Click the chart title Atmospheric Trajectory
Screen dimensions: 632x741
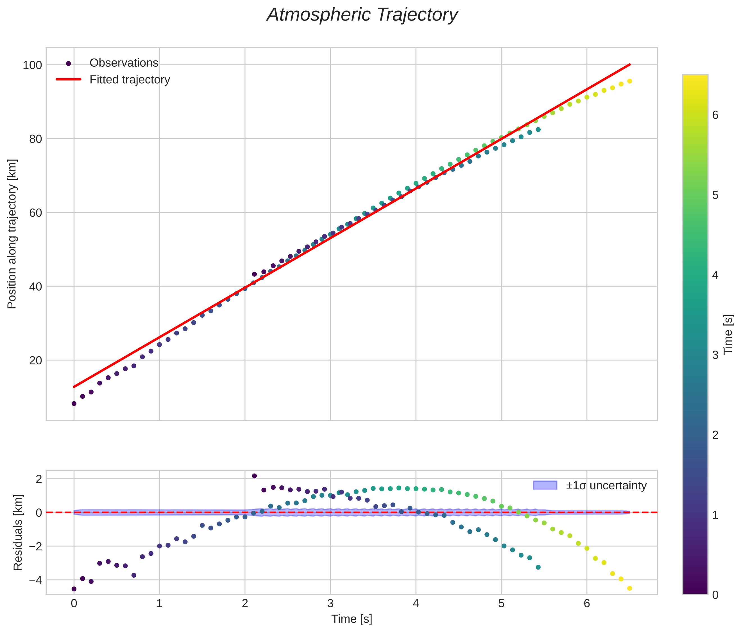coord(362,15)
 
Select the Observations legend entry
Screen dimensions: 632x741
coord(124,63)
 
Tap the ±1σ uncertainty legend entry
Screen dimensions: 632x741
coord(606,486)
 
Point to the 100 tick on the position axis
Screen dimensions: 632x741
coord(32,65)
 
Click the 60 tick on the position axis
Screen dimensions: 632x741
coord(35,213)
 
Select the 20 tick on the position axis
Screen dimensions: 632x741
coord(35,360)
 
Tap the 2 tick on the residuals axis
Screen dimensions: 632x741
coord(38,479)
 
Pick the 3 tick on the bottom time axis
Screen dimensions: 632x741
coord(330,604)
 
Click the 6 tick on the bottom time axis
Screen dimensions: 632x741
coord(586,604)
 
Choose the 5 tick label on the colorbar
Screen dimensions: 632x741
coord(715,195)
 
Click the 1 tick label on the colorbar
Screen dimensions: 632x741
coord(715,515)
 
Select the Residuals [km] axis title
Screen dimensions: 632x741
coord(18,532)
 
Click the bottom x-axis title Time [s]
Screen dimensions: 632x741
coord(352,619)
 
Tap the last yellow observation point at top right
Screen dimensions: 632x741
coord(629,81)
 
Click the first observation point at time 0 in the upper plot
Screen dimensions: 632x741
coord(74,404)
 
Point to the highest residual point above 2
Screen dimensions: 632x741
coord(254,476)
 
